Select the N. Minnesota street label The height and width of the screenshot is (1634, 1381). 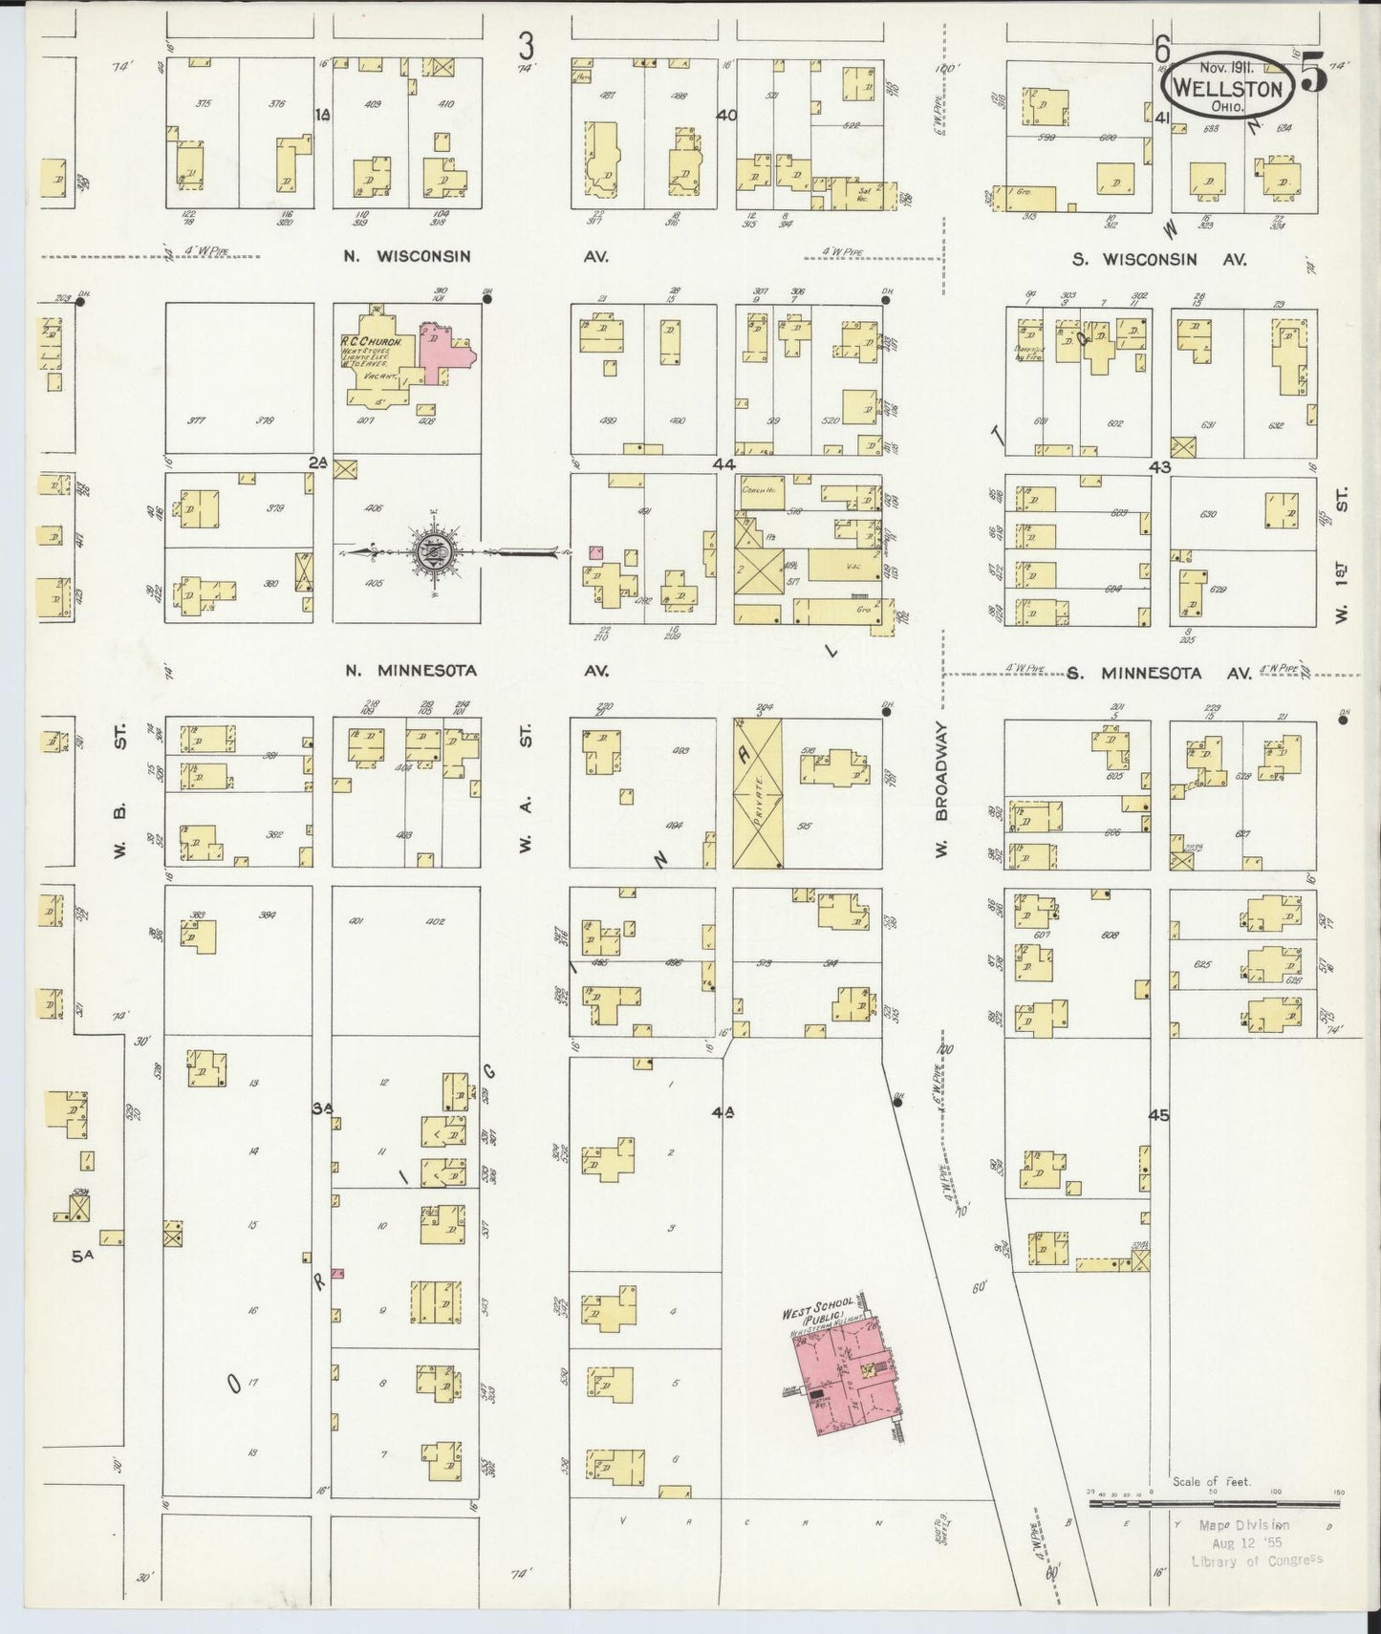pos(411,671)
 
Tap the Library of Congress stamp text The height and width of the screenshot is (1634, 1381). pos(1257,1560)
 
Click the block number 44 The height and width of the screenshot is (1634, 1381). pos(723,463)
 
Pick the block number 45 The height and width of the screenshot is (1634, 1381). pos(1159,1114)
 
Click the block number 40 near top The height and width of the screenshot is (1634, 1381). pos(726,115)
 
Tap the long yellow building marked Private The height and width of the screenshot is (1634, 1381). pos(757,793)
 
